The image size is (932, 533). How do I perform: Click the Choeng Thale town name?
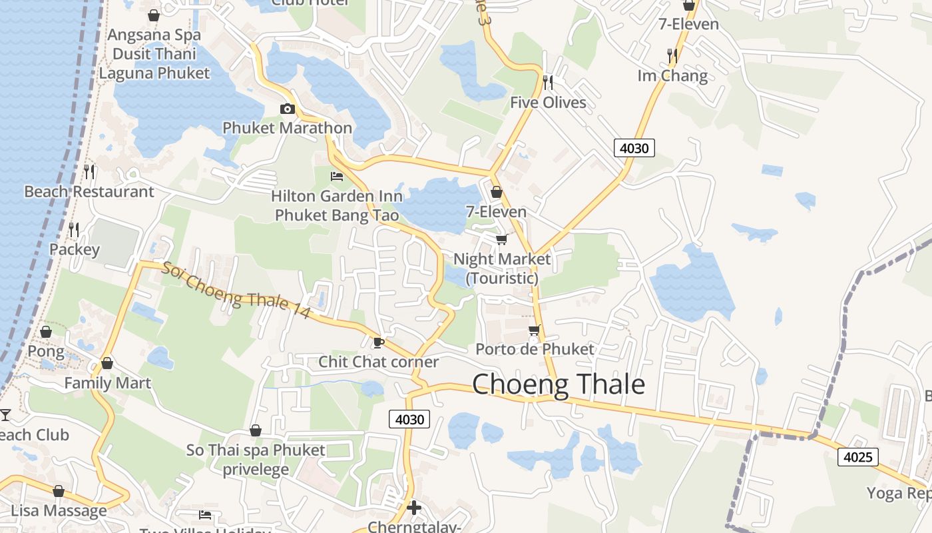(559, 385)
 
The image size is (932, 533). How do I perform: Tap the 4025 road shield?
(858, 457)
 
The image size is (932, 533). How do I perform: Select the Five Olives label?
(548, 103)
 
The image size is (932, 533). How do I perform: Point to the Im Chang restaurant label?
(672, 76)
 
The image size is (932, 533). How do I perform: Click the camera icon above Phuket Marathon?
(288, 109)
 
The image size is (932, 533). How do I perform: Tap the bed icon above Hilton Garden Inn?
(337, 177)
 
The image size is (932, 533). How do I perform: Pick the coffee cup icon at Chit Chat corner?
(378, 342)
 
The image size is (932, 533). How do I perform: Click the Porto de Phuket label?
(535, 349)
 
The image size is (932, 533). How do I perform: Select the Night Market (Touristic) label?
(502, 268)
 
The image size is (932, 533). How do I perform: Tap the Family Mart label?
(107, 383)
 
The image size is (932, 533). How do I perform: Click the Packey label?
(75, 250)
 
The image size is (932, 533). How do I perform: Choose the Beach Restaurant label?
(89, 192)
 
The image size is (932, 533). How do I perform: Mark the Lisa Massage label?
(59, 511)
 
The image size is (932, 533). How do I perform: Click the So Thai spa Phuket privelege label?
(256, 459)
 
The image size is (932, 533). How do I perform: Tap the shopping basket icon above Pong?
(46, 332)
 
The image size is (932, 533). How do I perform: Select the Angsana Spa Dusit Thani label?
(154, 44)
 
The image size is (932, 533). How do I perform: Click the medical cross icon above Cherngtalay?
(414, 508)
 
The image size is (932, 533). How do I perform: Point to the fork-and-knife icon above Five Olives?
(548, 82)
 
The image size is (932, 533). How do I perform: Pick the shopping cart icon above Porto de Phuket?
(535, 330)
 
